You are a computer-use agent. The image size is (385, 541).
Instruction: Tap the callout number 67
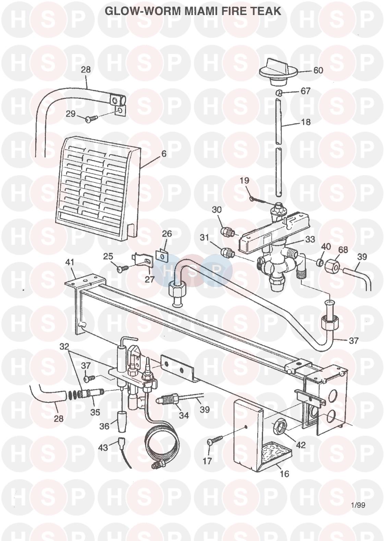coord(305,91)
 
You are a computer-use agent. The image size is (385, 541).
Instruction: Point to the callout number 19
coord(244,181)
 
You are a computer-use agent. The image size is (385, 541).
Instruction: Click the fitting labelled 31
coord(227,252)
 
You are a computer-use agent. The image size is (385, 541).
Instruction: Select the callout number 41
coord(70,263)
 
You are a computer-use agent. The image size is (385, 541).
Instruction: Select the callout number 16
coord(285,474)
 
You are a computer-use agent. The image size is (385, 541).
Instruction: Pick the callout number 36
coord(104,426)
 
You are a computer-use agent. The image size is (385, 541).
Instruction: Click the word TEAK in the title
coord(265,11)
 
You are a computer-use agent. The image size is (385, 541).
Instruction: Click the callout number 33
coord(310,239)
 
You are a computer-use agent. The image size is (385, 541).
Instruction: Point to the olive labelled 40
coord(320,263)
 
